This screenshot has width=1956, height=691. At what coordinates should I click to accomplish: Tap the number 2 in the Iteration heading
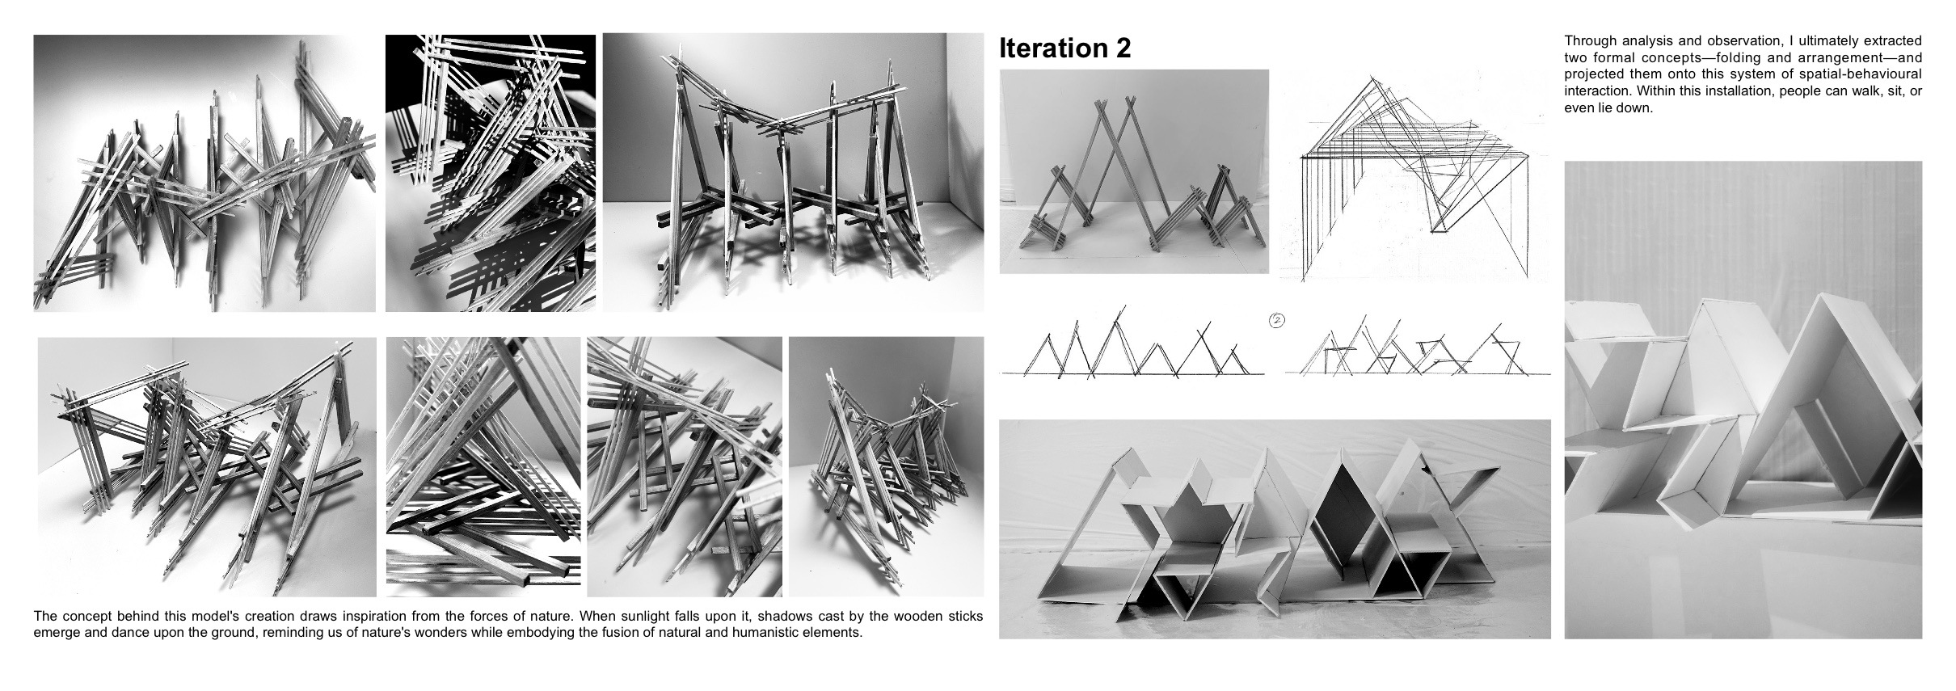point(1122,48)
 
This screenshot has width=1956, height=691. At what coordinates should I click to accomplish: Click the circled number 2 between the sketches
point(1277,321)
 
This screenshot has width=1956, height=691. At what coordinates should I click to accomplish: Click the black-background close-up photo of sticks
point(490,173)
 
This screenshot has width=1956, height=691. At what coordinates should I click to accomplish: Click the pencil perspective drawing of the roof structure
point(1414,178)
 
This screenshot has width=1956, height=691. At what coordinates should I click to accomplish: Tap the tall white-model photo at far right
point(1743,400)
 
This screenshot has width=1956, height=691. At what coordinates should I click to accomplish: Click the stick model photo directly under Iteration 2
point(1134,171)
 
